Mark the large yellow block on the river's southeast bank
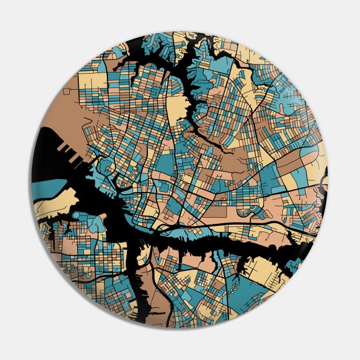[269, 269]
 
